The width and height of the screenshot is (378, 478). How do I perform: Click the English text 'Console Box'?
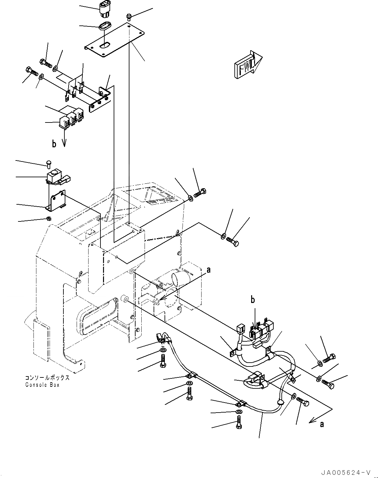point(42,385)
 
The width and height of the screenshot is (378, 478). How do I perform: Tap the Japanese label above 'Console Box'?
point(47,378)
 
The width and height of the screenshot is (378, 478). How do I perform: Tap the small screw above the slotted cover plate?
point(129,16)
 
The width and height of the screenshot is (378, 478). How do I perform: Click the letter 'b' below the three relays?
point(54,144)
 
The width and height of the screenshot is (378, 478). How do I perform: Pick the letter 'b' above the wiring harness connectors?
point(253,300)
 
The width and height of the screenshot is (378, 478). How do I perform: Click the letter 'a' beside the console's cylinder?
point(208,270)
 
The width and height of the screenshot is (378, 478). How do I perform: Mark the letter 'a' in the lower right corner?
point(322,424)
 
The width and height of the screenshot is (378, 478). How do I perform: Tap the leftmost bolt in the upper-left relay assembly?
point(30,70)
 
